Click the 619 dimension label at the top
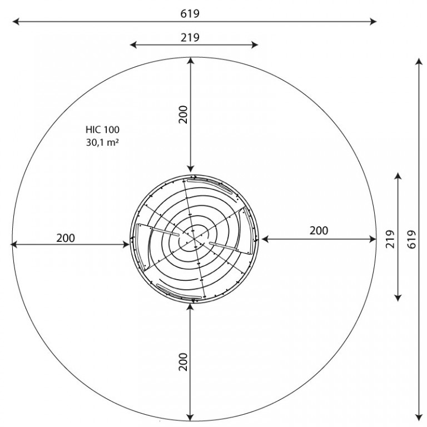click(x=190, y=13)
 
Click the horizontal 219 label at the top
click(x=190, y=37)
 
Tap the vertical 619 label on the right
click(x=412, y=240)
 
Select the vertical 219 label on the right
click(x=390, y=239)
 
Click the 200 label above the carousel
click(x=183, y=115)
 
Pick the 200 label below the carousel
click(x=183, y=361)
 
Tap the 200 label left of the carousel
click(x=66, y=238)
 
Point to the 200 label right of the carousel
click(x=319, y=231)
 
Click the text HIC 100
click(x=102, y=130)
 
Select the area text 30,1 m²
click(x=102, y=142)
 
